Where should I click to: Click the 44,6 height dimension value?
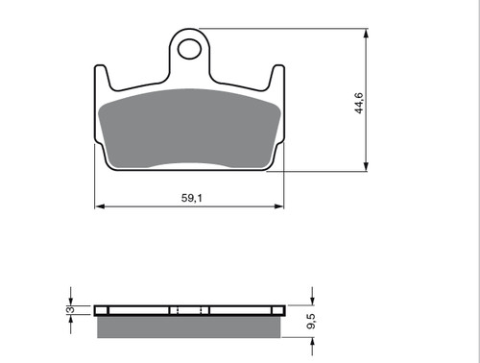[x=359, y=103]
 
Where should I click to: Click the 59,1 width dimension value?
[x=192, y=198]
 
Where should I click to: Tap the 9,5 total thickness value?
[x=311, y=321]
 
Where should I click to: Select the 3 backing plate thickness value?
[x=71, y=309]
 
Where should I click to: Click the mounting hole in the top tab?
[x=189, y=49]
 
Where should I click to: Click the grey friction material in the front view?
[x=190, y=129]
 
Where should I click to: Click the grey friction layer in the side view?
[x=189, y=327]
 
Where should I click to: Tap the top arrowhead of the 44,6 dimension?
[x=366, y=34]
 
